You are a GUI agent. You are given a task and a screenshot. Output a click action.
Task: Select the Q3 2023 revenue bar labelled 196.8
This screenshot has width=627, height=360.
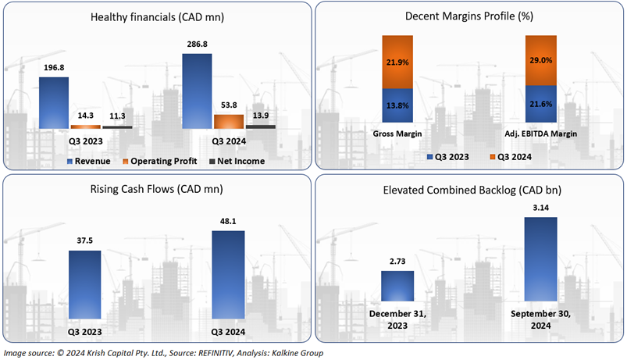pos(53,102)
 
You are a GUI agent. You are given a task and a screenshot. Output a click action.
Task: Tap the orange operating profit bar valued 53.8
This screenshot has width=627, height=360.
pos(228,121)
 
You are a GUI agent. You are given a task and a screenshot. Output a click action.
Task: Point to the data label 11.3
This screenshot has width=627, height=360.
pos(117,118)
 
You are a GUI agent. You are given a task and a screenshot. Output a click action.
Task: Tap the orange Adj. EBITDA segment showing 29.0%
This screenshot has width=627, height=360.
pos(540,60)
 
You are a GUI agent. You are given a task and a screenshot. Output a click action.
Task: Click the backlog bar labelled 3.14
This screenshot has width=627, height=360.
pos(540,258)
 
